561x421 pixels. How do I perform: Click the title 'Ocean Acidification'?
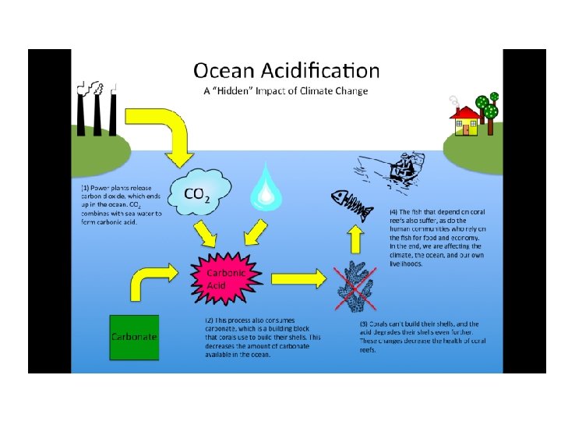click(287, 71)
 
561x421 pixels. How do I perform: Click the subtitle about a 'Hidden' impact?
click(285, 91)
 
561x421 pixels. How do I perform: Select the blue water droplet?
click(265, 187)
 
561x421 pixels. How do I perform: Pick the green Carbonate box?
click(135, 338)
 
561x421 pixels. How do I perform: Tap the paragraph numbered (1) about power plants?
click(122, 205)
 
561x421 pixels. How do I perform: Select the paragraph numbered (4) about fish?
click(437, 237)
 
